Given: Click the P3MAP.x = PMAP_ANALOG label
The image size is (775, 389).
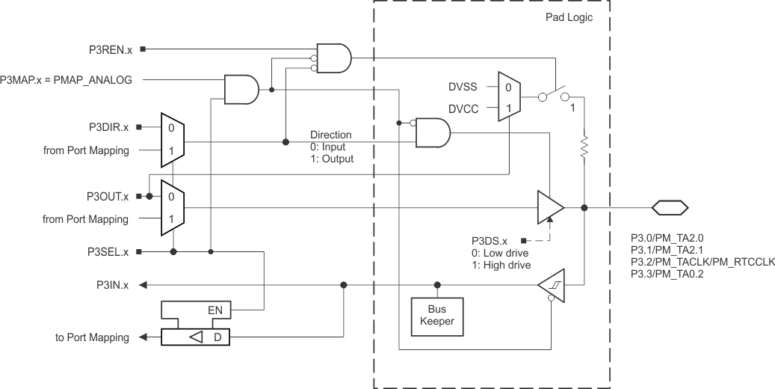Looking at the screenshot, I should (x=67, y=79).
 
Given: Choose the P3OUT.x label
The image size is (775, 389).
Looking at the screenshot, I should (x=109, y=196).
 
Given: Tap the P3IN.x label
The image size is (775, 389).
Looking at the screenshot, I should (x=113, y=285).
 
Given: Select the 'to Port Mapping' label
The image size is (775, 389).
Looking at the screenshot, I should (x=92, y=338).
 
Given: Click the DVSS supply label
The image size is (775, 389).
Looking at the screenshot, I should (x=462, y=87).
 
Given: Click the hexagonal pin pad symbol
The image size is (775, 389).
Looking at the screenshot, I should (x=670, y=208).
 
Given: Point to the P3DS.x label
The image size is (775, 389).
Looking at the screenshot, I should (x=490, y=241).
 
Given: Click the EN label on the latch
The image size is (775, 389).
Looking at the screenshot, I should (x=215, y=309).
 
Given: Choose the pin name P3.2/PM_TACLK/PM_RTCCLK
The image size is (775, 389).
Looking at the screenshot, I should (x=703, y=261).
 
